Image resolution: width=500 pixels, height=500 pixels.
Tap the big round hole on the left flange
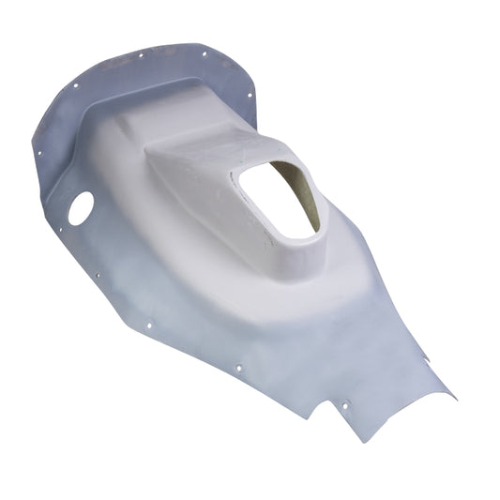pyautogui.click(x=81, y=208)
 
